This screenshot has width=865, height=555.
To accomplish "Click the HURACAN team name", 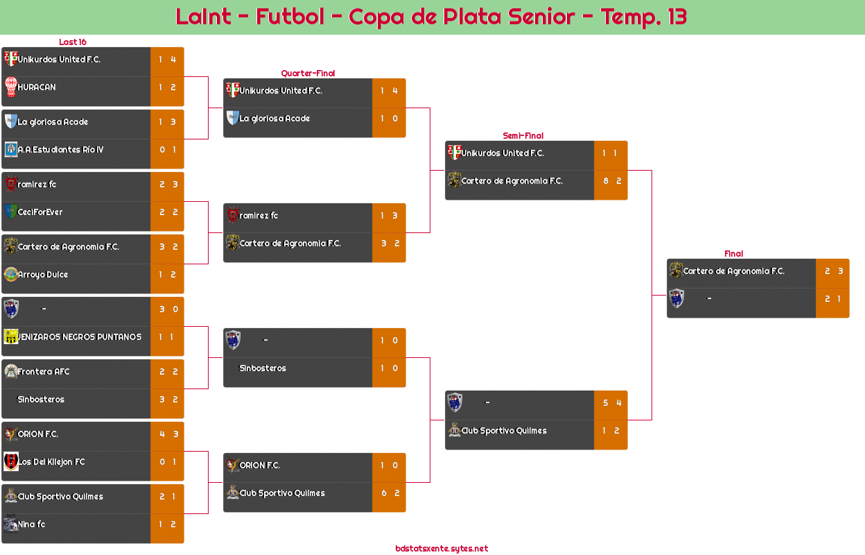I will [x=37, y=87].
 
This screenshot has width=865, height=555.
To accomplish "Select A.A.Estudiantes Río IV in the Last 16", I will [x=60, y=150].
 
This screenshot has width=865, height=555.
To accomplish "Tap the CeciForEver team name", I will [x=40, y=212].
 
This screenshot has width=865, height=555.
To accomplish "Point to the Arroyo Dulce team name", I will [x=43, y=275].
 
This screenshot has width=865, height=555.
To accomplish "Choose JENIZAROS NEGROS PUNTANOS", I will [x=80, y=337].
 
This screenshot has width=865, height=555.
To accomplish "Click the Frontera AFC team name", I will [x=44, y=372].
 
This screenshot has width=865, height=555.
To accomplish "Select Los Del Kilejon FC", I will [x=51, y=462].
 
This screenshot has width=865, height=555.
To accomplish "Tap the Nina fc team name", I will [x=31, y=524].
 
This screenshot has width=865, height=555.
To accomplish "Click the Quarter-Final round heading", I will [x=307, y=74].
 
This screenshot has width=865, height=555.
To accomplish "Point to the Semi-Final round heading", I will [x=522, y=136].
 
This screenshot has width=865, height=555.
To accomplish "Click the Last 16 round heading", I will [x=72, y=42].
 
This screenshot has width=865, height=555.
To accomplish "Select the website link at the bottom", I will [x=442, y=549].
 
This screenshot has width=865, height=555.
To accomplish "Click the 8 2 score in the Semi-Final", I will [x=611, y=181].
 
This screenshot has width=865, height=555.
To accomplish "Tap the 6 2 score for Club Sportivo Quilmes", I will [x=390, y=493].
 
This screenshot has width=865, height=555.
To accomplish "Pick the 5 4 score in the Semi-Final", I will [x=611, y=403].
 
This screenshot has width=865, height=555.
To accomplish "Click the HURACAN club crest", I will [x=10, y=87].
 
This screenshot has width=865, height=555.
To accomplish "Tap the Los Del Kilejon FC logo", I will [x=10, y=462].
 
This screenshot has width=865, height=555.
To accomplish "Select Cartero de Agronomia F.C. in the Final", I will [x=733, y=271].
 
